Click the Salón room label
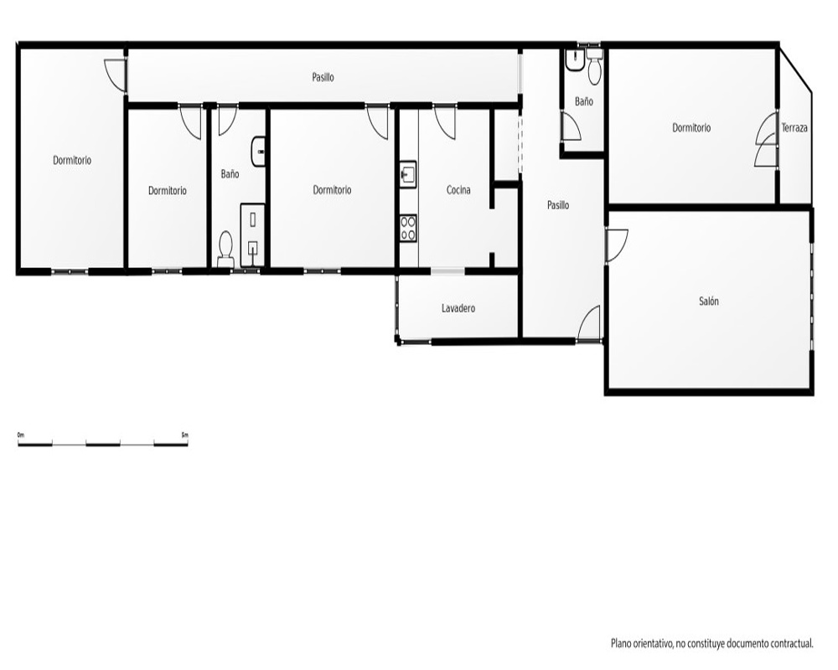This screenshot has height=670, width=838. (709, 301)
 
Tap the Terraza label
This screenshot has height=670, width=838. (794, 128)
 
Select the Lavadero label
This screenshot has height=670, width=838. (458, 308)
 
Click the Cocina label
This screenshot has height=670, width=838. (458, 190)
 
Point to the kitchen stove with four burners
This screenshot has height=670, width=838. (408, 228)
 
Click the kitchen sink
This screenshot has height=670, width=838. (408, 174)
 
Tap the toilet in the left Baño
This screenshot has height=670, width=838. (226, 249)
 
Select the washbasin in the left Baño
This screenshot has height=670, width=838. (258, 152)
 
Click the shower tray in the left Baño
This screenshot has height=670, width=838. (253, 234)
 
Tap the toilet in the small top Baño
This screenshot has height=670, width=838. (594, 67)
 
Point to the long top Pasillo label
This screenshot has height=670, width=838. (323, 78)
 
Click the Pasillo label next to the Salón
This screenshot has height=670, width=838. (558, 205)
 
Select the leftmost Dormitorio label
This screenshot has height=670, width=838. (72, 160)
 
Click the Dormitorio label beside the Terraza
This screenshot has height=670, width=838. (691, 128)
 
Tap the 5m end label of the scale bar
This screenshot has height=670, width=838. (185, 435)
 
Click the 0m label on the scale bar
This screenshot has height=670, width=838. (21, 435)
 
